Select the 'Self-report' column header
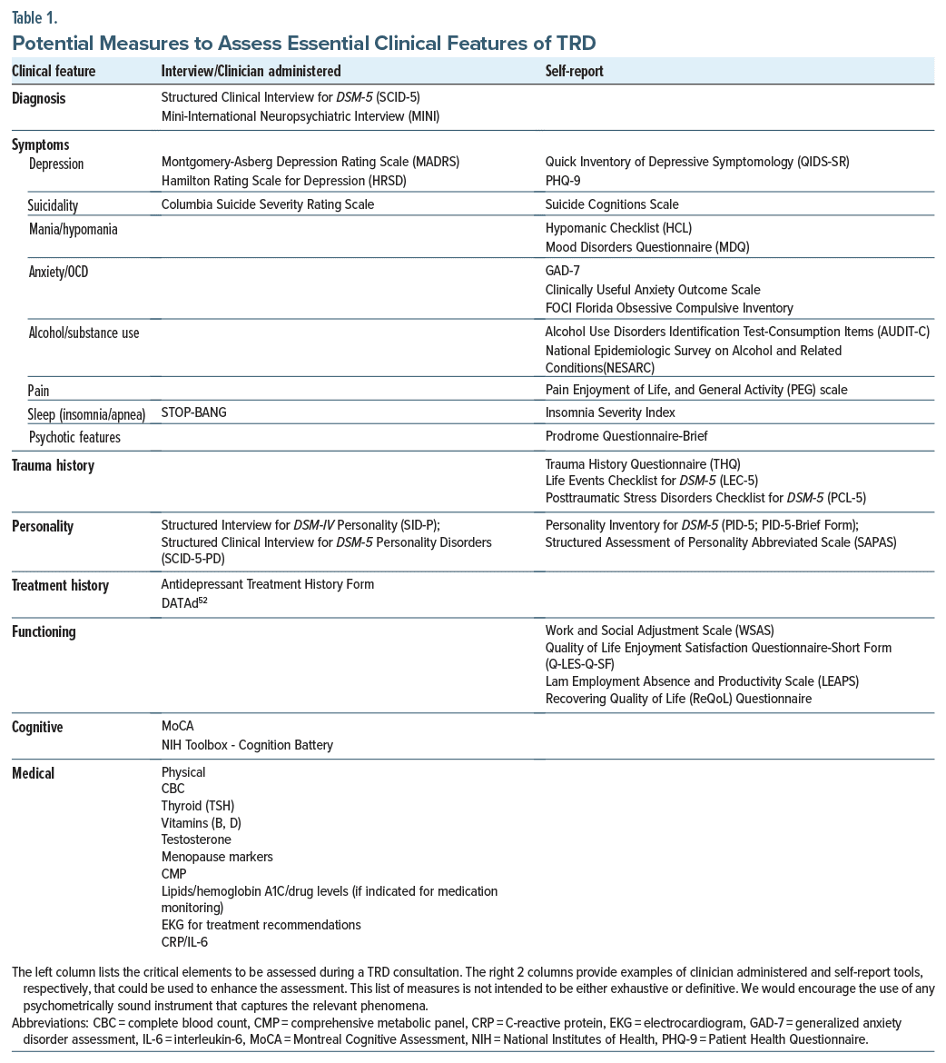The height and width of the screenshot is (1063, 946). coord(574,71)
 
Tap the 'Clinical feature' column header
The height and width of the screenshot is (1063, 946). coord(54,71)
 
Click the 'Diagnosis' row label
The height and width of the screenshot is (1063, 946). coord(38,99)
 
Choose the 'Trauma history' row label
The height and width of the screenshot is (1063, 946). coord(53,466)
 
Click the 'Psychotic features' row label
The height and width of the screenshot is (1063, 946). coord(74,437)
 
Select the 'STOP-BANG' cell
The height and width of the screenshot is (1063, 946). coord(193,412)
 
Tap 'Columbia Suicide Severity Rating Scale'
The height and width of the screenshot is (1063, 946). coord(267,204)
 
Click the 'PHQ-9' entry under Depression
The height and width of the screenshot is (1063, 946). coord(563,181)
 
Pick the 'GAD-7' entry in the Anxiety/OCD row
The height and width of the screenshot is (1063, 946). coord(563,271)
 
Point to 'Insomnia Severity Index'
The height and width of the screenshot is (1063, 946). coord(610,412)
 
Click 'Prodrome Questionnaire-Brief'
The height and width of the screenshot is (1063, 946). coord(626,437)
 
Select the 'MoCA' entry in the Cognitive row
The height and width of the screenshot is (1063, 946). coord(177,726)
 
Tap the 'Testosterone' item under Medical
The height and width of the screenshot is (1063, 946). coord(196,839)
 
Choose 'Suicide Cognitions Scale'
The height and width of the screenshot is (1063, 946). coord(612,204)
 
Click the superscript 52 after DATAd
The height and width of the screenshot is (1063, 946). coord(202,601)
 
